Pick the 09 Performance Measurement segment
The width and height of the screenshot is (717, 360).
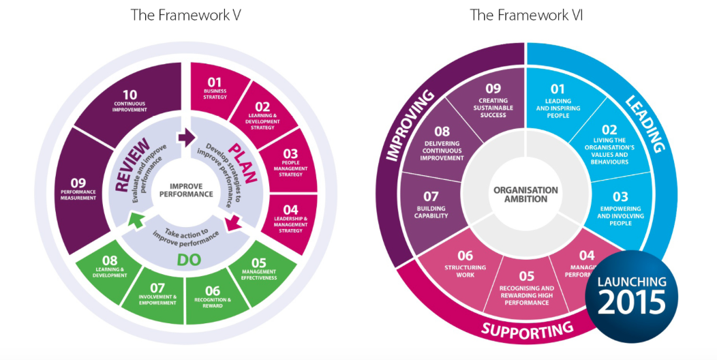[x=87, y=188]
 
